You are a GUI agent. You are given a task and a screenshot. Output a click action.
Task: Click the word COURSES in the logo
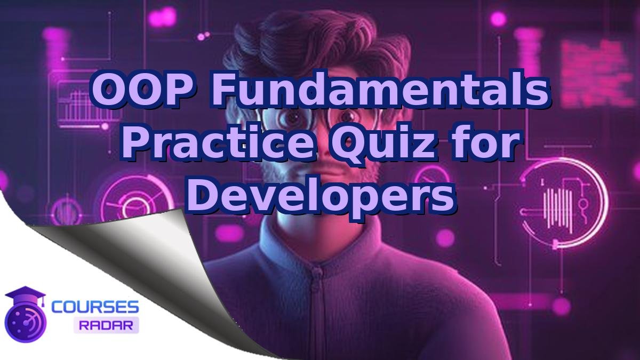point(95,307)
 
